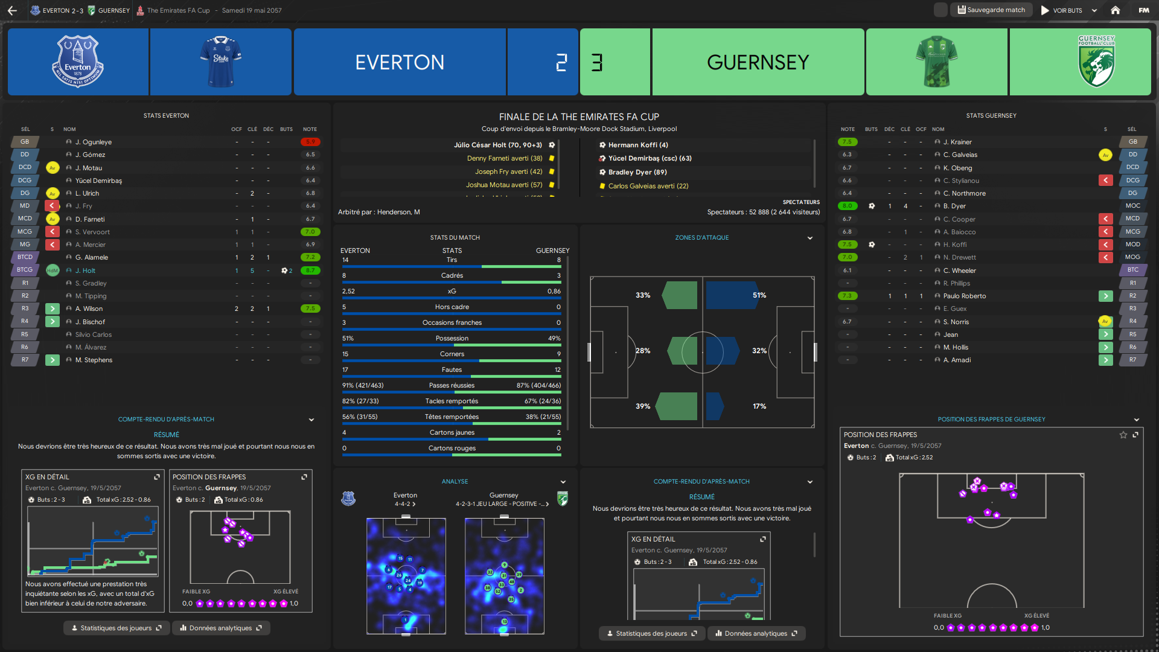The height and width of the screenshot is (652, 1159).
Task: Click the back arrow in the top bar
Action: pos(12,10)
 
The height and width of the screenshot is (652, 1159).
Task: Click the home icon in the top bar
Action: pos(1115,10)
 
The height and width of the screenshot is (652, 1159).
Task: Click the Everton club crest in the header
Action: pos(78,62)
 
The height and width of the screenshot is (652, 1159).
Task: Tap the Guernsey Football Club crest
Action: pos(1096,62)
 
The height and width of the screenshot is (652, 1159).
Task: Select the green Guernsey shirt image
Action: pos(936,62)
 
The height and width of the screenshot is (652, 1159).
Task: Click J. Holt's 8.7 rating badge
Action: pos(310,270)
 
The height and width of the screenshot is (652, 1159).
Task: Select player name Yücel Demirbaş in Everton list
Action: pos(98,181)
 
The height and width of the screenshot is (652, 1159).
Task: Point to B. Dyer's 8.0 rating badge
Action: pos(848,206)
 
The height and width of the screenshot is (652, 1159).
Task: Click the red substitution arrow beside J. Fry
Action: pos(53,206)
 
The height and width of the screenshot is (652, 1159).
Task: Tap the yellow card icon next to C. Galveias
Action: pos(1105,155)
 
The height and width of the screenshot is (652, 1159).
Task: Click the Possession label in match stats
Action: pos(452,338)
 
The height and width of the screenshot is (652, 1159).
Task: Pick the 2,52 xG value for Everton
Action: pos(348,291)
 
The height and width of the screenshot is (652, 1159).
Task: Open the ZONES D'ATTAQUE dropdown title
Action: pos(701,238)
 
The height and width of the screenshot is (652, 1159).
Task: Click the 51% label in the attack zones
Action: pos(759,295)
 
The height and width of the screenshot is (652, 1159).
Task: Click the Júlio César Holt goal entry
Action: pos(497,145)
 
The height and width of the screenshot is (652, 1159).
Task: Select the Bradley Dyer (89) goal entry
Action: pos(637,172)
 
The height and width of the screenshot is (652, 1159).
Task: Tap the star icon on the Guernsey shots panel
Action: pos(1123,435)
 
